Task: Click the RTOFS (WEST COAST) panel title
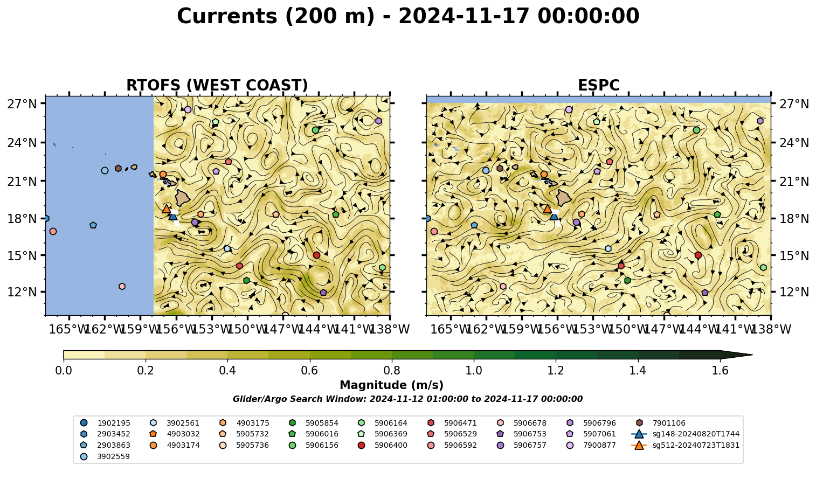[x=217, y=85]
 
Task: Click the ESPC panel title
[x=598, y=85]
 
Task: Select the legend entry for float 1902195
[x=105, y=423]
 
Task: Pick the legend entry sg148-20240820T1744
[x=685, y=434]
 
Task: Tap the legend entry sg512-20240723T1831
[x=685, y=445]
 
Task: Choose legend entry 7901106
[x=662, y=423]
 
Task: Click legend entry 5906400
[x=384, y=445]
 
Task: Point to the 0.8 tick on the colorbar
[x=392, y=371]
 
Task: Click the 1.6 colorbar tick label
[x=720, y=371]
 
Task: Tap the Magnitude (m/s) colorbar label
[x=392, y=385]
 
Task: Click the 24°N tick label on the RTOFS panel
[x=22, y=143]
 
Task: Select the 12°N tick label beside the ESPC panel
[x=794, y=292]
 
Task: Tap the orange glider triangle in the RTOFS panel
[x=167, y=209]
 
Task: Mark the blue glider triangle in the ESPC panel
[x=554, y=216]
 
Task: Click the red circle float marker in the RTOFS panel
[x=316, y=255]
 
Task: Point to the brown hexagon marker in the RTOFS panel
[x=118, y=168]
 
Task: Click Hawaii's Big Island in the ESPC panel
[x=564, y=198]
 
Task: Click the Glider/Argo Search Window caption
[x=407, y=399]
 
